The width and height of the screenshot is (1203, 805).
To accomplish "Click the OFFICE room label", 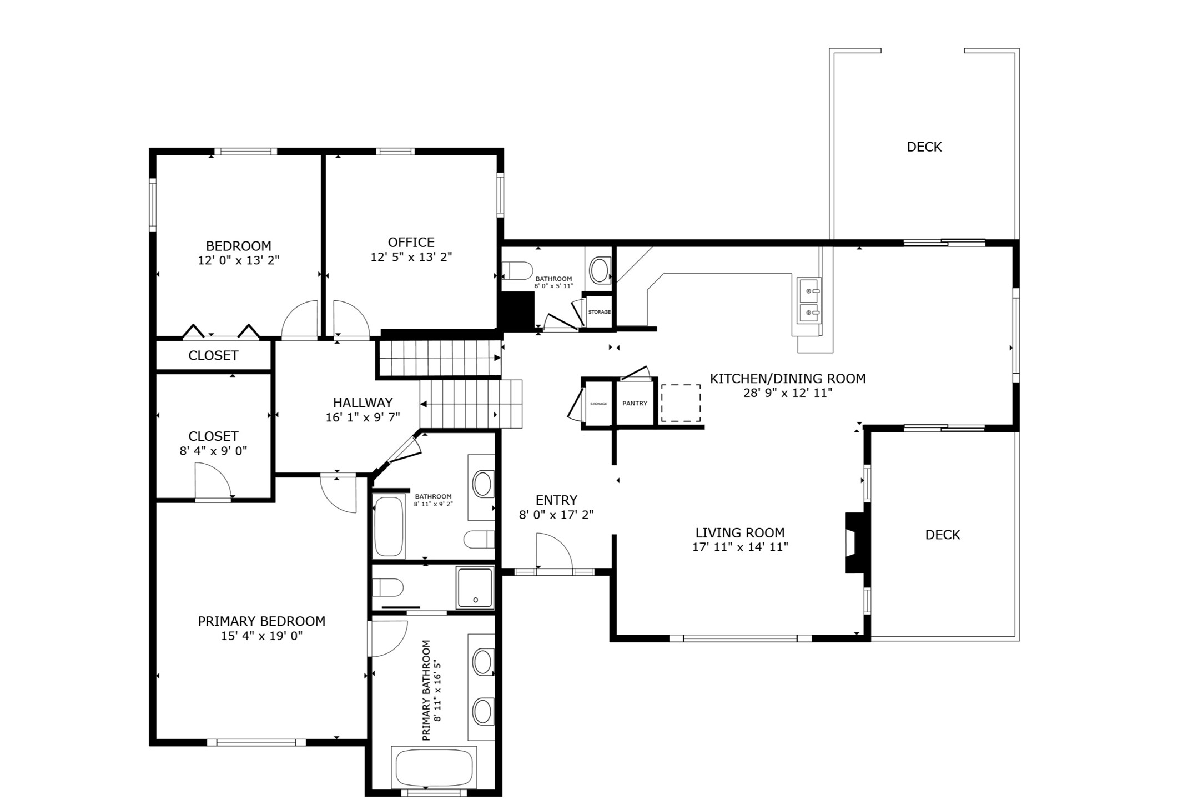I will pyautogui.click(x=411, y=243).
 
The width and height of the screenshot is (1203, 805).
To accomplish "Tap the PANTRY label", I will pyautogui.click(x=635, y=404).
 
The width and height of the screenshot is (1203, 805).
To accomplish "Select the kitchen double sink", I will pyautogui.click(x=809, y=300).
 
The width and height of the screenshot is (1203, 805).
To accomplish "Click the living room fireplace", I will pyautogui.click(x=854, y=542).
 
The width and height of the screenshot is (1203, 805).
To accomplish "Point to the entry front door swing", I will pyautogui.click(x=553, y=551).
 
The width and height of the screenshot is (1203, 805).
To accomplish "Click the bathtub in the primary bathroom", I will pyautogui.click(x=434, y=767).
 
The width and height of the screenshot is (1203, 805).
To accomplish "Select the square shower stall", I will pyautogui.click(x=475, y=587).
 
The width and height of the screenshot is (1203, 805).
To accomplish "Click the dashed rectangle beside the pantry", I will pyautogui.click(x=680, y=403).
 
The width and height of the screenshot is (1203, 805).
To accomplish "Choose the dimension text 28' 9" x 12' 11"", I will pyautogui.click(x=788, y=393).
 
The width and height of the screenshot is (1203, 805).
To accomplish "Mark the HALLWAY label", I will pyautogui.click(x=363, y=402).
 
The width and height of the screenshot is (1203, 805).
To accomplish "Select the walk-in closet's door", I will pyautogui.click(x=212, y=482).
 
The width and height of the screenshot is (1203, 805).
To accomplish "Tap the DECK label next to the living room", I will pyautogui.click(x=942, y=535).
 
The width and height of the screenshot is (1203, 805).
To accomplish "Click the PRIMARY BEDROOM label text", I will pyautogui.click(x=261, y=621).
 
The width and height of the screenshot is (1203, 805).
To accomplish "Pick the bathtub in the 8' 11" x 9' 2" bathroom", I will pyautogui.click(x=389, y=526).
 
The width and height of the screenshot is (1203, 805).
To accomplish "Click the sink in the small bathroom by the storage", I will pyautogui.click(x=599, y=271).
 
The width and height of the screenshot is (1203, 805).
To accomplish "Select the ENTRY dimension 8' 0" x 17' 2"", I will pyautogui.click(x=556, y=515).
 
